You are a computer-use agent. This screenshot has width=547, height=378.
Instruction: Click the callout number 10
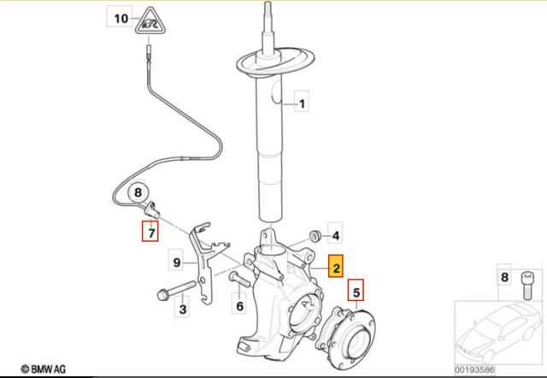point(121,18)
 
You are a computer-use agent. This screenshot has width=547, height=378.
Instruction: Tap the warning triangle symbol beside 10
point(150,21)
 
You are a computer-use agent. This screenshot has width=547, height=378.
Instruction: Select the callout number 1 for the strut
point(302,103)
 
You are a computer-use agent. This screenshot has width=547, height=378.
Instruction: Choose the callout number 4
point(335,236)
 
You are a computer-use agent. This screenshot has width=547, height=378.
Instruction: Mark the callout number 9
point(177,263)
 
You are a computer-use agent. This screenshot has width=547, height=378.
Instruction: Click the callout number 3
point(182,309)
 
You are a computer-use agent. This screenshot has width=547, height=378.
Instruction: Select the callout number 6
point(239,306)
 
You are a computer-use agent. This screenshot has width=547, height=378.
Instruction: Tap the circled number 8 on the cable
point(138,192)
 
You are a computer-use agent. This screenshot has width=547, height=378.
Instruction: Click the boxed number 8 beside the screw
point(504,277)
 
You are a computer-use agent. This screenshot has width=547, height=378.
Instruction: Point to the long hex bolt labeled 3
point(177,291)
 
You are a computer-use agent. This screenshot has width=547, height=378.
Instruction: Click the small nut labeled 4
point(316,235)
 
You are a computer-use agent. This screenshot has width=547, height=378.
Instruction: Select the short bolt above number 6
point(239,280)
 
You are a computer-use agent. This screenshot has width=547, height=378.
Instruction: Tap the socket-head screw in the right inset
point(526,286)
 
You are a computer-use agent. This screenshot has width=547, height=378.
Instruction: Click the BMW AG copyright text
point(44,369)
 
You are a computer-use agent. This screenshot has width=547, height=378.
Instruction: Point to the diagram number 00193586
point(474,369)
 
